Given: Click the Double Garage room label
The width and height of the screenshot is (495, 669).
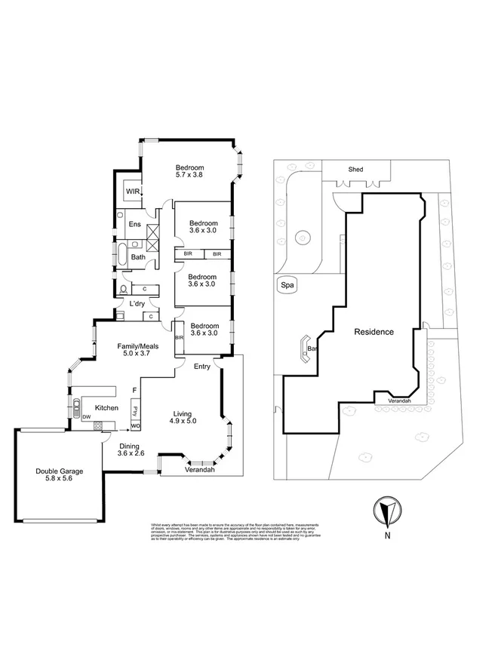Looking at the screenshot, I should pos(59,471).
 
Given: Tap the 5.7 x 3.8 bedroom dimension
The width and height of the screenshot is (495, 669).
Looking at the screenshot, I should pos(189,175).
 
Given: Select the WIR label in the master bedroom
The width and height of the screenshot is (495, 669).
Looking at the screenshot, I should pos(132,192).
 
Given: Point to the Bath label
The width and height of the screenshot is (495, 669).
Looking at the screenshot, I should pos(138,257).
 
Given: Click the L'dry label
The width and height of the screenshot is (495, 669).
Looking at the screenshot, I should pos(137,303).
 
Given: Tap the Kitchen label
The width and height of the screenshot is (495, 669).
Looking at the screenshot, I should pos(107,407).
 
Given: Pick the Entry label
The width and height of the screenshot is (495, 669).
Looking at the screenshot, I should pos(202,367).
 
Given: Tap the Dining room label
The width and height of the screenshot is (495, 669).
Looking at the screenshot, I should pos(128,446).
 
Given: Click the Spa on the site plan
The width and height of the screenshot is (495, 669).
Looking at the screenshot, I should pos(287,285).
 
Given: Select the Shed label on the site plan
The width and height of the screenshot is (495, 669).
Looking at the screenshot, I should pos(355,170).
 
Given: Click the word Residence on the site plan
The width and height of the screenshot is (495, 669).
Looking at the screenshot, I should pos(374,331).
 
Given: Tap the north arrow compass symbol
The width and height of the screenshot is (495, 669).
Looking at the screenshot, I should pos(386,513).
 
